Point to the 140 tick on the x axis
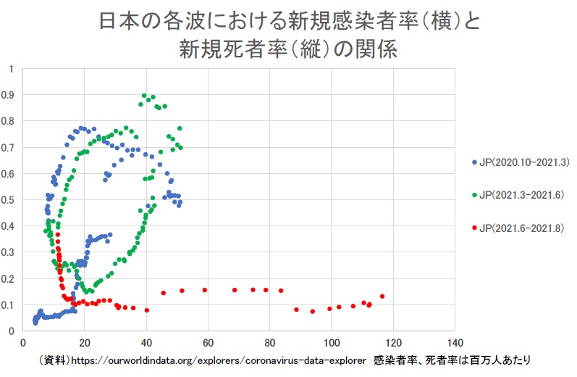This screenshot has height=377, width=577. tap(455, 343)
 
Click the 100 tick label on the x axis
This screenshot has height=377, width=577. tap(332, 343)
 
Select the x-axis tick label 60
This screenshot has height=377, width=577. tap(209, 343)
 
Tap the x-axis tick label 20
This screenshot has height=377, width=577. tap(85, 343)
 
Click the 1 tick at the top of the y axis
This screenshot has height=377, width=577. tap(10, 69)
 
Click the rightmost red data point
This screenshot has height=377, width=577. tap(382, 297)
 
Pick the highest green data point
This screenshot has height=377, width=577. tap(145, 96)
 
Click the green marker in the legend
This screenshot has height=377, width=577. tap(473, 195)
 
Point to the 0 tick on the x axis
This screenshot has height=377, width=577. tap(23, 343)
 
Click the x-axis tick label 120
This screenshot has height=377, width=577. tap(393, 343)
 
